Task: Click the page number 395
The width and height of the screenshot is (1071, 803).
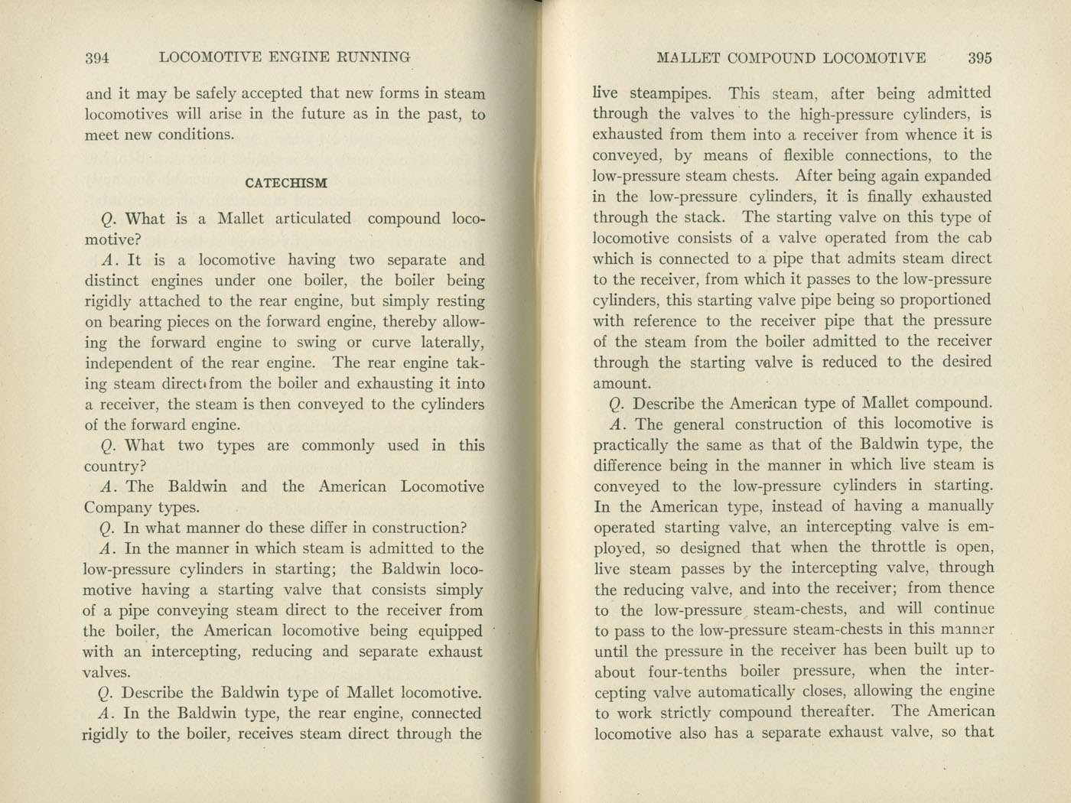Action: point(979,58)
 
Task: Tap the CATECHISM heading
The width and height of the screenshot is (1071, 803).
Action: point(286,184)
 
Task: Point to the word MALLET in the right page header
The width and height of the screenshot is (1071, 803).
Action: point(687,58)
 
